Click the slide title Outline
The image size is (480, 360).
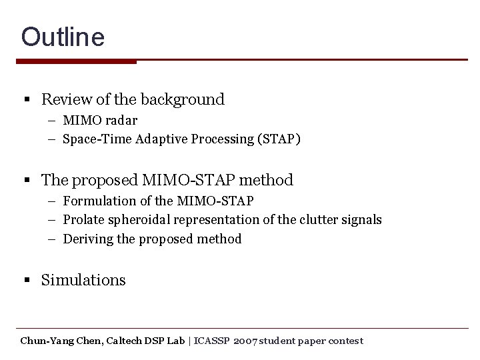click(x=63, y=37)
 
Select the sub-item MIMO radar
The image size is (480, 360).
click(x=100, y=121)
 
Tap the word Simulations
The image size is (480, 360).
click(x=83, y=280)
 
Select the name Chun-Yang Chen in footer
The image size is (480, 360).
click(x=61, y=341)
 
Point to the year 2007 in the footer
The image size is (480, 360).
click(x=244, y=341)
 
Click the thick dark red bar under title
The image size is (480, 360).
click(x=76, y=61)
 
